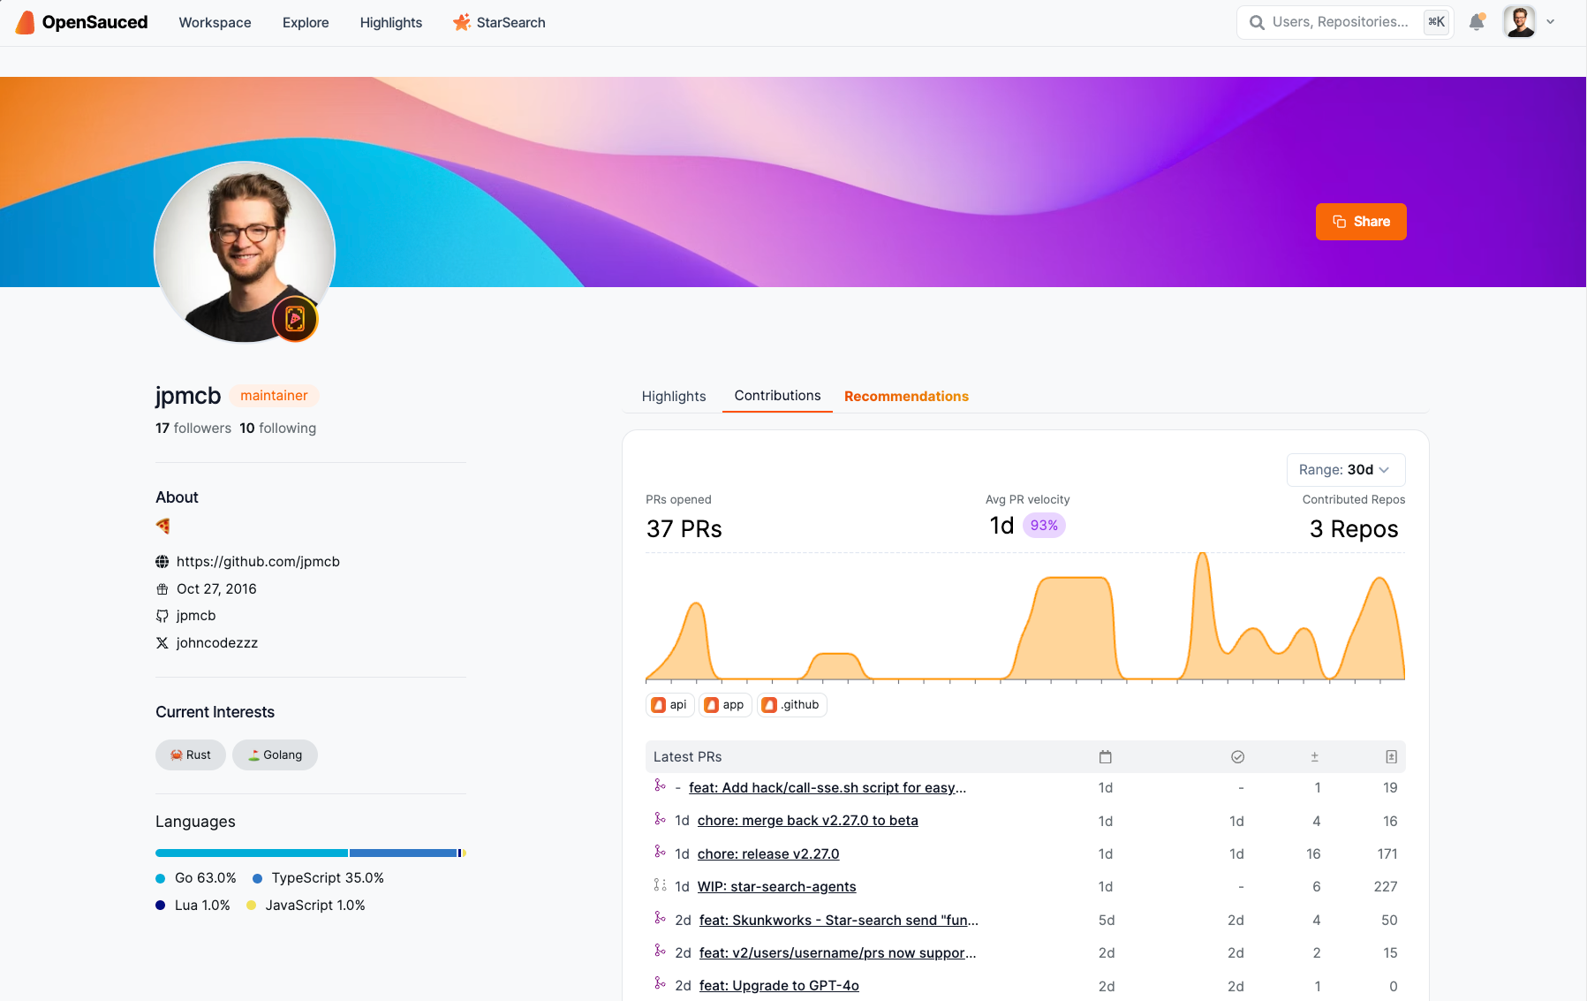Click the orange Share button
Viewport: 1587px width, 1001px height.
pyautogui.click(x=1360, y=222)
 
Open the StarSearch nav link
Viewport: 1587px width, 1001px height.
pyautogui.click(x=500, y=23)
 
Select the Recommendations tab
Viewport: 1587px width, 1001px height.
pyautogui.click(x=906, y=397)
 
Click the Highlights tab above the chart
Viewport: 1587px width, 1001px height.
pyautogui.click(x=674, y=397)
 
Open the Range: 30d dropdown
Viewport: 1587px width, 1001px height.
pyautogui.click(x=1345, y=470)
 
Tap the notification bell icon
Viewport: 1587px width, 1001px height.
pyautogui.click(x=1477, y=22)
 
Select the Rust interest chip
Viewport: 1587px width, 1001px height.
pyautogui.click(x=191, y=755)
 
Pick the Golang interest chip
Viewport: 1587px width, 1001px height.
pyautogui.click(x=275, y=755)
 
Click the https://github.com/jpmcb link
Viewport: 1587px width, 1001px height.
pyautogui.click(x=258, y=562)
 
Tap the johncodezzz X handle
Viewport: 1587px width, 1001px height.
pyautogui.click(x=216, y=643)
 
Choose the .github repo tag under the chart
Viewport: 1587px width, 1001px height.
pyautogui.click(x=792, y=705)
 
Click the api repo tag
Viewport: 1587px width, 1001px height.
pyautogui.click(x=669, y=705)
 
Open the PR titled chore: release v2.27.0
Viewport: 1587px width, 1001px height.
pyautogui.click(x=768, y=854)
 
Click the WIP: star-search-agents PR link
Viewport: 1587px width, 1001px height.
pyautogui.click(x=776, y=887)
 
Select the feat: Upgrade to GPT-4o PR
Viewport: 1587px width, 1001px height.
pyautogui.click(x=779, y=986)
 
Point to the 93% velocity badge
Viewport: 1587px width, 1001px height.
pyautogui.click(x=1044, y=526)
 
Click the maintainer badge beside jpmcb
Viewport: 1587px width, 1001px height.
pyautogui.click(x=274, y=396)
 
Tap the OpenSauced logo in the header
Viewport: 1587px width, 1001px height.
pyautogui.click(x=82, y=23)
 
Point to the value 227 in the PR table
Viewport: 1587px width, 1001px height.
pyautogui.click(x=1385, y=887)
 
